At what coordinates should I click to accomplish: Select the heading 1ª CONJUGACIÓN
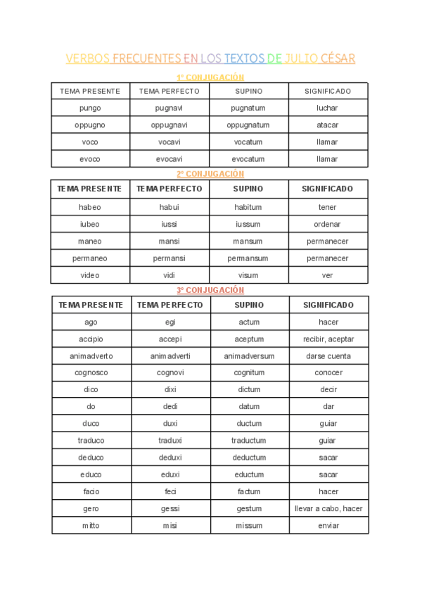[210, 77]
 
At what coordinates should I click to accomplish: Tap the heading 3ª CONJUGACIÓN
[210, 290]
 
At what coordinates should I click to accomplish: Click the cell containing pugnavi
[170, 108]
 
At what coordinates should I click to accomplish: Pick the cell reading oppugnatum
[248, 125]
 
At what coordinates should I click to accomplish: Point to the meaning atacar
[327, 125]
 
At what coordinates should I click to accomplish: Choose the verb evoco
[90, 159]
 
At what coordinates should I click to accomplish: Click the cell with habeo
[90, 208]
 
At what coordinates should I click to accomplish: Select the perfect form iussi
[170, 225]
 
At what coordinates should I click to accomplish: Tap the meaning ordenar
[327, 225]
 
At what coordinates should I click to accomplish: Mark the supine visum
[248, 275]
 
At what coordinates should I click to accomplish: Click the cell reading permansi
[170, 258]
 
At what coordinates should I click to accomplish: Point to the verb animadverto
[91, 356]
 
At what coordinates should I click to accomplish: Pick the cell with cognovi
[170, 373]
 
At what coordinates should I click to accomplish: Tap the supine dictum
[249, 390]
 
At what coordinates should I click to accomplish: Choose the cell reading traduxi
[170, 441]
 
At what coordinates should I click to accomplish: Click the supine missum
[249, 526]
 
